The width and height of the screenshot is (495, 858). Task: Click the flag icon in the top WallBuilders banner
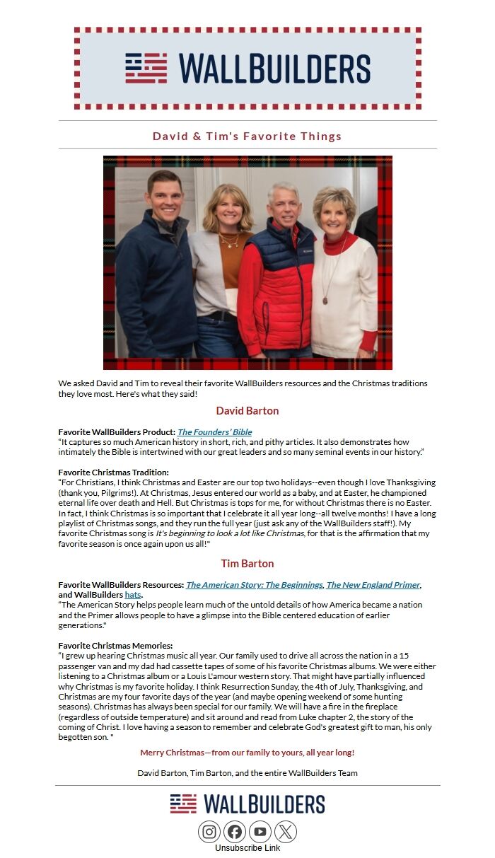(146, 68)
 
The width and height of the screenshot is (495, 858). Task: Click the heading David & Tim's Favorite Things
(248, 136)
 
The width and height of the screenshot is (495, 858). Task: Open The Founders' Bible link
(214, 432)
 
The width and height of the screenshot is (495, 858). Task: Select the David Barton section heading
(248, 411)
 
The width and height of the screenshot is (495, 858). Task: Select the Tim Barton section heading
(248, 564)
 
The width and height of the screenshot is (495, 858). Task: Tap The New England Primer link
(373, 585)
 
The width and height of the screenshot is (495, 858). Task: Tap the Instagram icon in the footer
(209, 832)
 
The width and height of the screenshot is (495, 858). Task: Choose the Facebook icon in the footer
(235, 832)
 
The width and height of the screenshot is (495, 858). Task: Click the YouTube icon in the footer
(260, 832)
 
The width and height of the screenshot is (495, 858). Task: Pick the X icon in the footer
(286, 832)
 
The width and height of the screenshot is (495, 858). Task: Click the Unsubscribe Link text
(248, 848)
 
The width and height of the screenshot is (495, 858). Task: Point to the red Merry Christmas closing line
(248, 753)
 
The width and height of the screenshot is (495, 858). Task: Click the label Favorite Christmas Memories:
(115, 646)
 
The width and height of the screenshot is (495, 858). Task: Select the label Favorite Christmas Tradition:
(114, 473)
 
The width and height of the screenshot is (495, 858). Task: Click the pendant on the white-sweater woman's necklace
(325, 301)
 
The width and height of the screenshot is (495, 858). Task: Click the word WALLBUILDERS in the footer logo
(264, 804)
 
